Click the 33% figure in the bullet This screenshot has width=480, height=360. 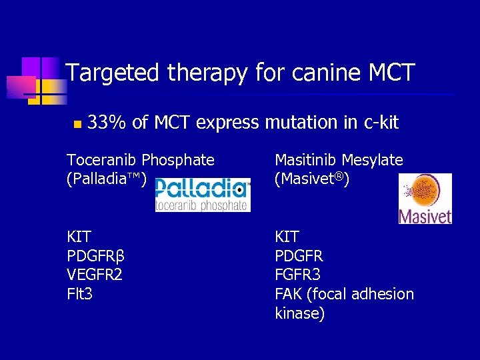point(107,123)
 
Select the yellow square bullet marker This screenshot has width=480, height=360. point(77,124)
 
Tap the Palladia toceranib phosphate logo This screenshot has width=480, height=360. point(203,195)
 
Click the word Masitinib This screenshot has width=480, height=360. point(305,160)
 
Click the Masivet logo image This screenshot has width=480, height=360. point(425,199)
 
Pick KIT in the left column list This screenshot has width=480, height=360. point(79,237)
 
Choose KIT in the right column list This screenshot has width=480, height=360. point(287,237)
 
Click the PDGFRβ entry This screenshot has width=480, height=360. point(96,256)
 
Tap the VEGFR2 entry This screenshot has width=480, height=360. point(95,275)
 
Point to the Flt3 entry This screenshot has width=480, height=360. point(79,294)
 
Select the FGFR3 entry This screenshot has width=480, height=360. point(298,275)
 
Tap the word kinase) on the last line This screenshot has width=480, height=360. point(300,313)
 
